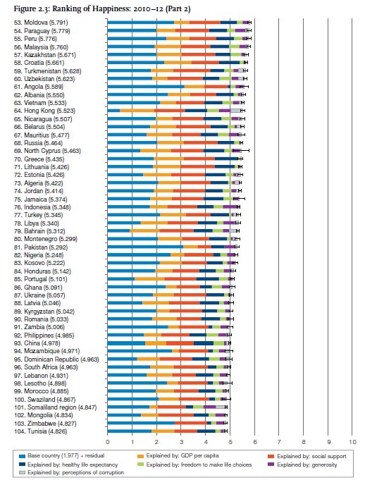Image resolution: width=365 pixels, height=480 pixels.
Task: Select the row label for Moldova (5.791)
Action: [x=41, y=23]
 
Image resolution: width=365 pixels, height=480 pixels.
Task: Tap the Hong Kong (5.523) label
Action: [x=44, y=111]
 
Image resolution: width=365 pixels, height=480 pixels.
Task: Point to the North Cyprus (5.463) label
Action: [x=47, y=151]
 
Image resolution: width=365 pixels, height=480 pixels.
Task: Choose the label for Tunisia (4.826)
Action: [x=40, y=431]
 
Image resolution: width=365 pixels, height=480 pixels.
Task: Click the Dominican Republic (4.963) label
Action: [x=56, y=359]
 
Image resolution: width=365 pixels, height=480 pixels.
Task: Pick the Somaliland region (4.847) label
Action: [x=56, y=407]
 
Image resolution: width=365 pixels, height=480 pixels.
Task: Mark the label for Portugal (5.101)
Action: [x=40, y=279]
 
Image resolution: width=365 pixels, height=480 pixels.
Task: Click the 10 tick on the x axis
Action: [x=352, y=442]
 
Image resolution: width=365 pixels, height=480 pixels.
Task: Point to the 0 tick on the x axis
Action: [x=107, y=442]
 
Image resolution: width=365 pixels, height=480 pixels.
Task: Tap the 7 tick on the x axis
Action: [x=279, y=442]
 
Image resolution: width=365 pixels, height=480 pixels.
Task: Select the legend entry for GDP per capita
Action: [x=179, y=456]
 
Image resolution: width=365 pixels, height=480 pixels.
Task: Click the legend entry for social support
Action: [x=307, y=457]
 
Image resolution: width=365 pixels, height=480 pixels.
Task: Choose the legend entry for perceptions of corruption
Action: [x=72, y=473]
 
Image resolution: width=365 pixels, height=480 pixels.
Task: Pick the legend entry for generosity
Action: [x=302, y=464]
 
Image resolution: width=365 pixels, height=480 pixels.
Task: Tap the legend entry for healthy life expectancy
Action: [x=68, y=464]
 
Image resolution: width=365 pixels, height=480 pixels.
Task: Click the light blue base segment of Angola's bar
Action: [x=146, y=87]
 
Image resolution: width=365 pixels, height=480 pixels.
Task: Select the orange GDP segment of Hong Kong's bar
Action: [x=137, y=111]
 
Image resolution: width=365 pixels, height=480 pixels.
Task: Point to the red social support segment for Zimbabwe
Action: [x=191, y=424]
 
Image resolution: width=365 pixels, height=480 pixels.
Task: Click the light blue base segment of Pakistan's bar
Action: [x=145, y=247]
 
